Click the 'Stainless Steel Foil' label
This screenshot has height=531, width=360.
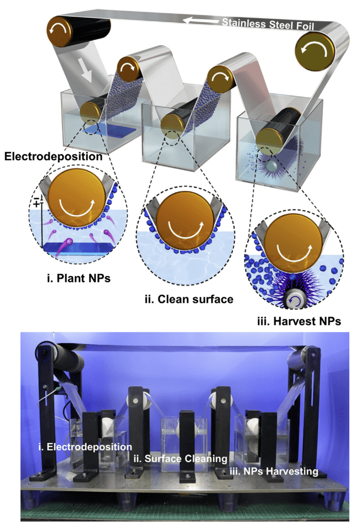click(x=268, y=24)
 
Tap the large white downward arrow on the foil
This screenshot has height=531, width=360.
click(x=84, y=71)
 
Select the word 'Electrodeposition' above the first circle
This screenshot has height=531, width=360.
click(x=53, y=156)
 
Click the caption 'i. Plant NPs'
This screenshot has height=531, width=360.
click(x=78, y=278)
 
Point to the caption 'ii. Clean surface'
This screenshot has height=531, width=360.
click(x=189, y=299)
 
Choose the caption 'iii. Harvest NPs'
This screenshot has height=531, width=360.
click(x=299, y=321)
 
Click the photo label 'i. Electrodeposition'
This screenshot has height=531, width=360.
click(x=85, y=447)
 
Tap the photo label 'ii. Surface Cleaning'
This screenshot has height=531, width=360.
click(x=180, y=459)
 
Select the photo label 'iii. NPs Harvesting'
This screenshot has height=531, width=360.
click(x=273, y=471)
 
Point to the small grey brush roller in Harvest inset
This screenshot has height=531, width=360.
click(x=292, y=300)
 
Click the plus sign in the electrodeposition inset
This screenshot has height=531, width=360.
click(x=36, y=204)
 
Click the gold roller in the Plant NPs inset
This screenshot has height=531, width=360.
click(x=77, y=197)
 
